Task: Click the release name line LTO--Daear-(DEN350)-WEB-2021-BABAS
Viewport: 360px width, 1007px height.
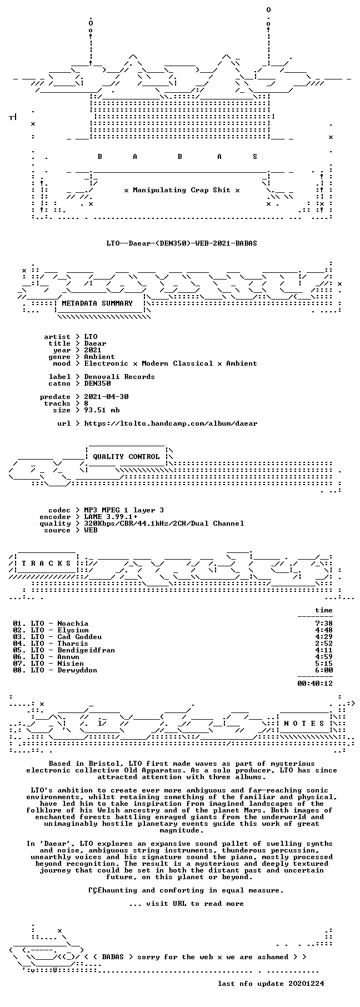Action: click(182, 243)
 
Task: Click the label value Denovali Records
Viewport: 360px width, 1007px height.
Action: click(119, 377)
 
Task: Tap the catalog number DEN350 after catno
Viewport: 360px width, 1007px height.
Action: click(97, 383)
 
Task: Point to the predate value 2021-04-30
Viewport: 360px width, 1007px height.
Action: click(106, 397)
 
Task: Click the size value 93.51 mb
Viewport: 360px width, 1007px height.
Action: click(102, 410)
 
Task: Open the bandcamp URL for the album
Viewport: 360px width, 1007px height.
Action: click(171, 423)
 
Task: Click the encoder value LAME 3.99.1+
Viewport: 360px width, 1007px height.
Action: click(111, 517)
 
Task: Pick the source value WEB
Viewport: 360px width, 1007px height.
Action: click(91, 530)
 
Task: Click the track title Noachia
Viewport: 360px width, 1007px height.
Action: click(73, 624)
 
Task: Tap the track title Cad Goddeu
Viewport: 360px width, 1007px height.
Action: click(79, 637)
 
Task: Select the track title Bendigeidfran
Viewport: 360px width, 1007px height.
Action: click(86, 650)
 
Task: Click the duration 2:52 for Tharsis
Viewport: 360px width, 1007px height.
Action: click(324, 644)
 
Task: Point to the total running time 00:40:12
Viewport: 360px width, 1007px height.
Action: click(315, 684)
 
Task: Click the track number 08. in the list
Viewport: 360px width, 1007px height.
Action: click(19, 670)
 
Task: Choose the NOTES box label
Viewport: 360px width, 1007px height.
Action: click(304, 724)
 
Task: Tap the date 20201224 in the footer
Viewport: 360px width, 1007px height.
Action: click(306, 984)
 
